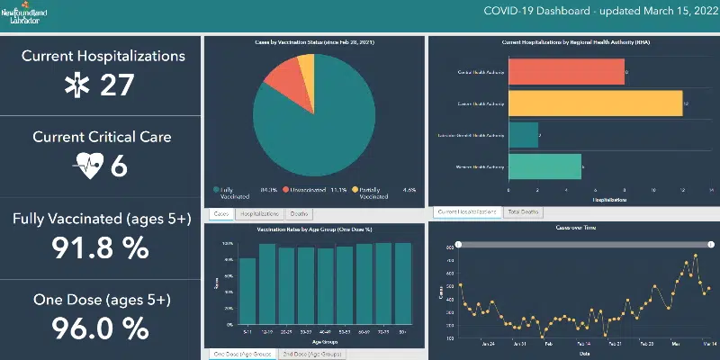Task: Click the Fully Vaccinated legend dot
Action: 216,190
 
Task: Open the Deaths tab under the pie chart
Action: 298,214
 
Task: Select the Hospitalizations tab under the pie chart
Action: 259,214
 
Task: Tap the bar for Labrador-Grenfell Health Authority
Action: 523,135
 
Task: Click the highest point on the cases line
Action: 696,256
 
